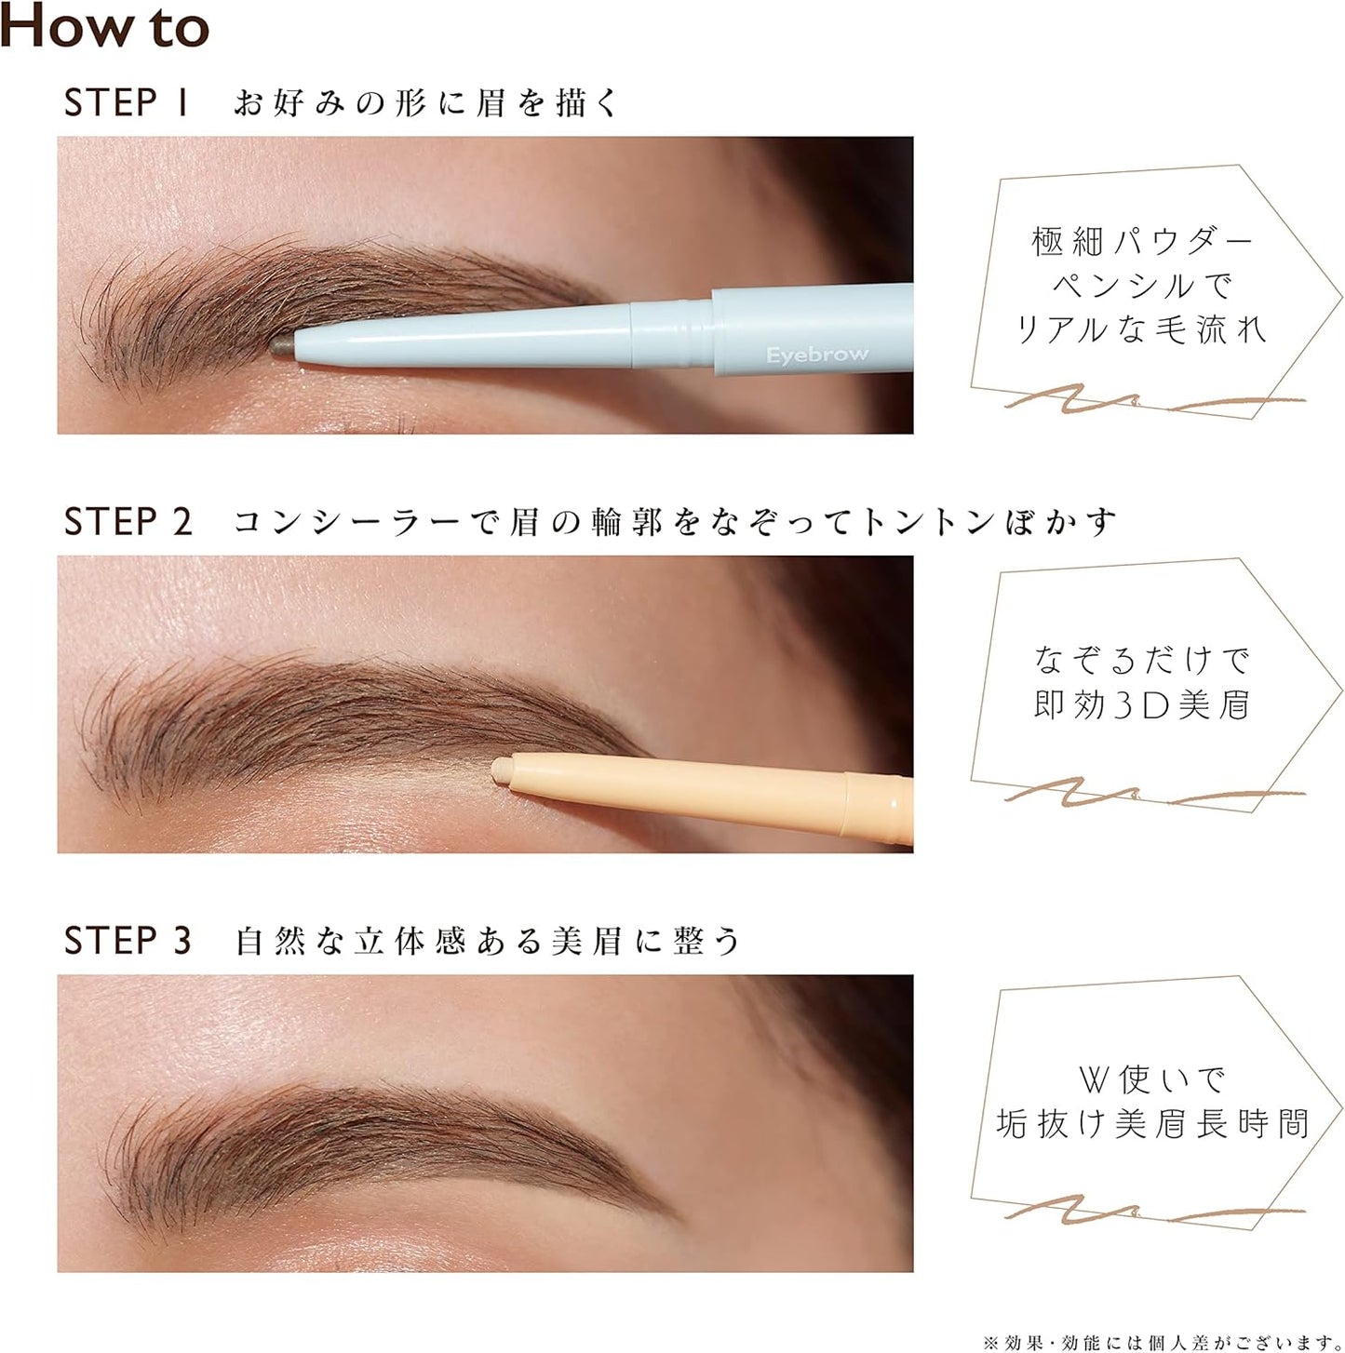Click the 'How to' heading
(104, 26)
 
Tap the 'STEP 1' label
(127, 102)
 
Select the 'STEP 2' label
(128, 522)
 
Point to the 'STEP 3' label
(128, 941)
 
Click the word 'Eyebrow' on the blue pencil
(816, 355)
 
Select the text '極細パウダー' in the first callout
(1142, 242)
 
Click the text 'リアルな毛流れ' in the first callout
(1142, 329)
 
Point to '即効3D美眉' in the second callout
(1142, 705)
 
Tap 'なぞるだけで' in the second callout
(1142, 661)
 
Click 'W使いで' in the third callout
(1151, 1079)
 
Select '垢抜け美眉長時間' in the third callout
(1151, 1124)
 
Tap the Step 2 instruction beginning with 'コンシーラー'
(674, 522)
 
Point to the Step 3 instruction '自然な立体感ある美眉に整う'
(488, 941)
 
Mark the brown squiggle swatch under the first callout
(1154, 403)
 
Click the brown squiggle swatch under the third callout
(1154, 1212)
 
